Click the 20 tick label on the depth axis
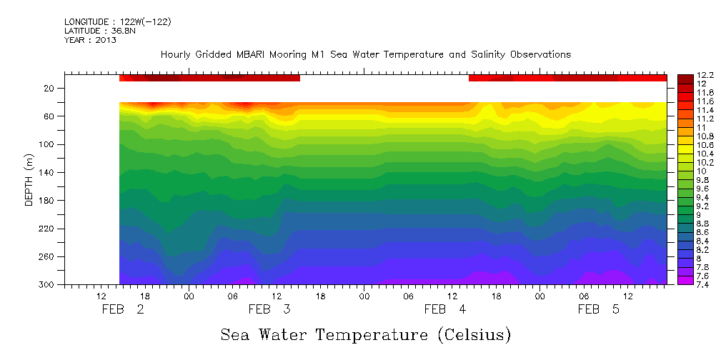(49, 89)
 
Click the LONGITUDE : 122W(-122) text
(117, 22)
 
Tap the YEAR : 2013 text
(90, 40)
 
